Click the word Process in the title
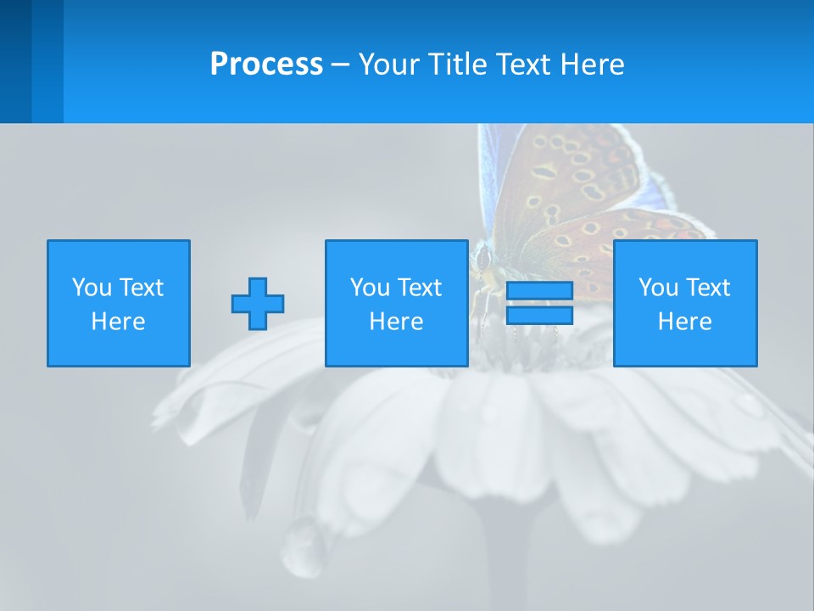pyautogui.click(x=266, y=64)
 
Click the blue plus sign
pyautogui.click(x=258, y=304)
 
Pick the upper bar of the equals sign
pyautogui.click(x=539, y=291)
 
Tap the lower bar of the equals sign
pyautogui.click(x=539, y=315)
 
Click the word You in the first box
pyautogui.click(x=92, y=288)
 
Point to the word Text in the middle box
pyautogui.click(x=421, y=288)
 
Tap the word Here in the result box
pyautogui.click(x=685, y=322)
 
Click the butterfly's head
pyautogui.click(x=483, y=255)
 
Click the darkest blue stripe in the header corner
pyautogui.click(x=15, y=61)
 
